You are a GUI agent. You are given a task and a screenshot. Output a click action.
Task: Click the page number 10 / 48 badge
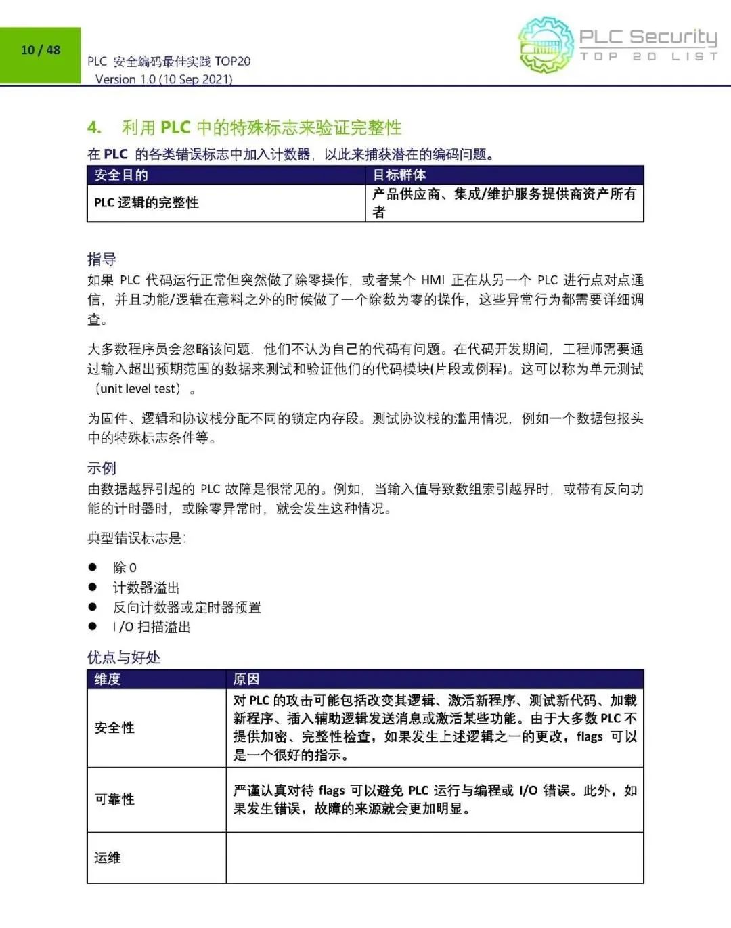(x=41, y=50)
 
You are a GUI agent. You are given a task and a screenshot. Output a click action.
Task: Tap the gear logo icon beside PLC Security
(x=546, y=45)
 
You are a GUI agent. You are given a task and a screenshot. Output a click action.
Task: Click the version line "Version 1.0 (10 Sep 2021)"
(x=164, y=79)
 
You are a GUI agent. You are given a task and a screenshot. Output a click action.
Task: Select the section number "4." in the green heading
(x=95, y=127)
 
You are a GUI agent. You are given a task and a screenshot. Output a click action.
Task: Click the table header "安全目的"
(x=121, y=175)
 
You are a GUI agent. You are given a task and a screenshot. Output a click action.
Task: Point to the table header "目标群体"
(x=399, y=175)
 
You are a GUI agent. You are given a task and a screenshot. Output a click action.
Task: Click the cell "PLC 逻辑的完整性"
(x=146, y=203)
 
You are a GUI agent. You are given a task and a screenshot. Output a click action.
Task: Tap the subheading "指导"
(x=102, y=259)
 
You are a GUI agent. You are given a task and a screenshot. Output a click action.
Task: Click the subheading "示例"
(x=102, y=468)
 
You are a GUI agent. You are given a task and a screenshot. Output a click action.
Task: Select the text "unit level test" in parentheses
(x=138, y=389)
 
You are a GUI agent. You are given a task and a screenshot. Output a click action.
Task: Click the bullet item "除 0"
(x=125, y=567)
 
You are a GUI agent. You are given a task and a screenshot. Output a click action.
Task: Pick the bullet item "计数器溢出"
(x=146, y=588)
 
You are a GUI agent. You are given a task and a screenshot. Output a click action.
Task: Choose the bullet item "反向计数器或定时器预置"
(x=187, y=607)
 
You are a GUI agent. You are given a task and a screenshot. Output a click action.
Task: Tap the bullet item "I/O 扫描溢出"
(x=152, y=627)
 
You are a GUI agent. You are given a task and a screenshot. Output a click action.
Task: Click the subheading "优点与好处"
(x=124, y=657)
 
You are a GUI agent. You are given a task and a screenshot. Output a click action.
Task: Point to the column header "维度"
(x=108, y=679)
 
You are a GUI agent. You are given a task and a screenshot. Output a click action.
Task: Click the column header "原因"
(x=246, y=679)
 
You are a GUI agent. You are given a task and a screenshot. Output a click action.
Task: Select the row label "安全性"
(x=114, y=728)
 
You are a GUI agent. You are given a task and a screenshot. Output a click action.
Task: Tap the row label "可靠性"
(x=114, y=799)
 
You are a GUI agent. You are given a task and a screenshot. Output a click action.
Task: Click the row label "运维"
(x=108, y=858)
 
